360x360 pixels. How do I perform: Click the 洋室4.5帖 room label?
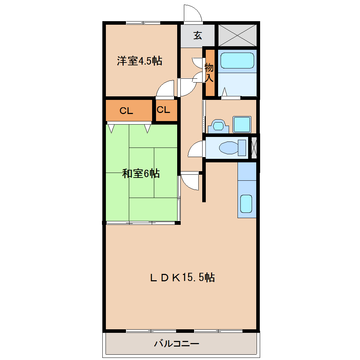pyautogui.click(x=140, y=61)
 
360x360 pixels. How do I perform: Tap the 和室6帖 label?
pyautogui.click(x=141, y=173)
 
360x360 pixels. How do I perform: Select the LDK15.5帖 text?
pyautogui.click(x=182, y=277)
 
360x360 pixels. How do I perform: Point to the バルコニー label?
pyautogui.click(x=176, y=343)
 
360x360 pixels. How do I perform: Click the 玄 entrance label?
pyautogui.click(x=198, y=35)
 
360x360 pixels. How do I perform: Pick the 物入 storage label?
pyautogui.click(x=210, y=72)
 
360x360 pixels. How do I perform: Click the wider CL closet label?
pyautogui.click(x=126, y=111)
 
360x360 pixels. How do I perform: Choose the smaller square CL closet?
pyautogui.click(x=163, y=110)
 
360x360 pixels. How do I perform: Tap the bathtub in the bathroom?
pyautogui.click(x=237, y=60)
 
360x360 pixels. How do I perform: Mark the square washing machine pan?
pyautogui.click(x=242, y=124)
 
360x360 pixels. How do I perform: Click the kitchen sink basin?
pyautogui.click(x=246, y=204)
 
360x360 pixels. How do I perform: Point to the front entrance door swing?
pyautogui.click(x=192, y=13)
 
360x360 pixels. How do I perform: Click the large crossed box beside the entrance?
pyautogui.click(x=237, y=35)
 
